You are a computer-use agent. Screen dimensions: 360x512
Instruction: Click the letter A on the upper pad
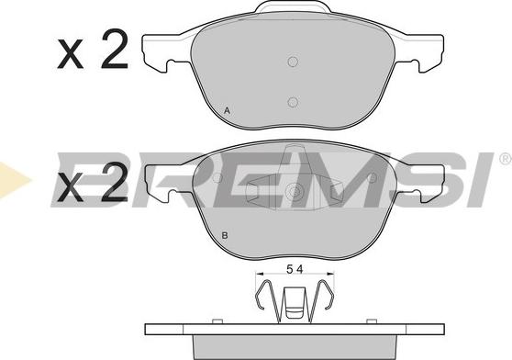(x=227, y=111)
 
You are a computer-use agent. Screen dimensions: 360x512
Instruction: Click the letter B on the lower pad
(x=226, y=237)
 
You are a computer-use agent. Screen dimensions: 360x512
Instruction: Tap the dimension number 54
(x=293, y=269)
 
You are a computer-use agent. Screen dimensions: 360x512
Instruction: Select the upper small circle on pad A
(x=293, y=62)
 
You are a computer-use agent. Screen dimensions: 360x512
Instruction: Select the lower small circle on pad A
(x=293, y=103)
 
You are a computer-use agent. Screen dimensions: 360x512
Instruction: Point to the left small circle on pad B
(x=217, y=177)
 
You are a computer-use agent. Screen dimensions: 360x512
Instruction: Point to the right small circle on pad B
(x=370, y=177)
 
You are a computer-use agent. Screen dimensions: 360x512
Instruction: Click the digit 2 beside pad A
(x=114, y=54)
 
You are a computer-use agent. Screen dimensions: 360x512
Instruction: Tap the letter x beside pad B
(x=70, y=192)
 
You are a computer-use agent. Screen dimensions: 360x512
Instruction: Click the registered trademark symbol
(x=504, y=160)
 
